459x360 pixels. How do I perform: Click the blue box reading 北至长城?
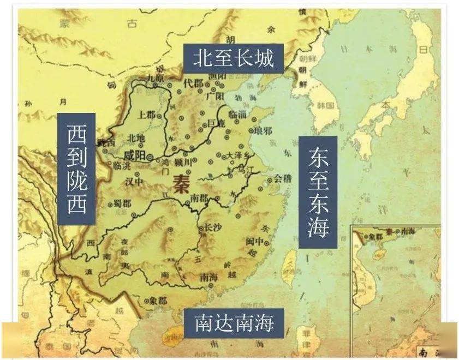point(233,57)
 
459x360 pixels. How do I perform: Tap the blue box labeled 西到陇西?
point(76,169)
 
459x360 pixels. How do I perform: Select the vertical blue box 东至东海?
point(318,192)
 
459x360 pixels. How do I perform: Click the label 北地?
point(135,137)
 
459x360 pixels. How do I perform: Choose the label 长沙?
point(211,229)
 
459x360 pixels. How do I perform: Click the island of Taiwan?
point(290,262)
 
